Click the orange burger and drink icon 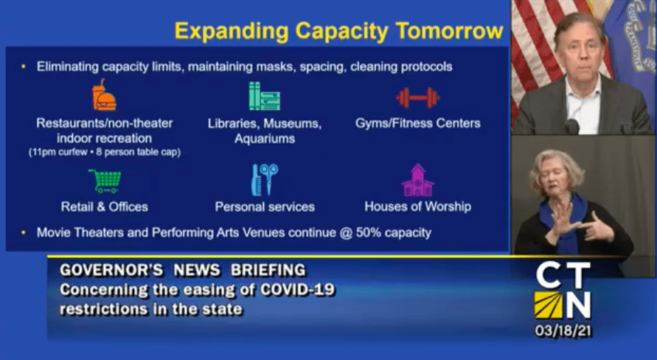click(104, 95)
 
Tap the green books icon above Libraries click(265, 97)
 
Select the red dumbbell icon click(418, 97)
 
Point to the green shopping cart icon click(105, 181)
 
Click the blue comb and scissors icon click(265, 179)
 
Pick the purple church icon click(418, 180)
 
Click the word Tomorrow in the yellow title click(449, 31)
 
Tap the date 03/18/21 click(563, 331)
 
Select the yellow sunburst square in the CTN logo click(548, 305)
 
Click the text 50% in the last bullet click(368, 232)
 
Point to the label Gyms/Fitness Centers click(418, 123)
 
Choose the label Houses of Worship click(418, 207)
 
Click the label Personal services click(265, 207)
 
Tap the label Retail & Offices click(104, 207)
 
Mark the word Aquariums click(265, 139)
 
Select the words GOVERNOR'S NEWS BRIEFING click(183, 270)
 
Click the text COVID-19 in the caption click(297, 290)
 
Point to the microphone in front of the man click(571, 126)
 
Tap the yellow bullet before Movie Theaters click(24, 232)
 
